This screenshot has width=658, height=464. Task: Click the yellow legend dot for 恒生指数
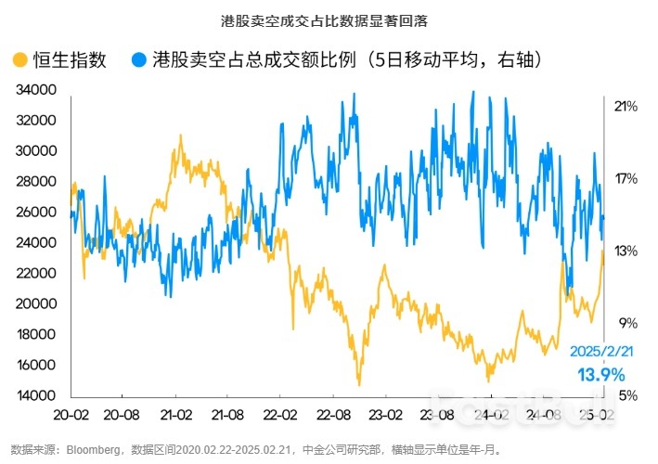pos(19,60)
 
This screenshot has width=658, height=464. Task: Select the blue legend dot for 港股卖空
pos(138,60)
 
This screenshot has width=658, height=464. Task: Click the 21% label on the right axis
pos(626,106)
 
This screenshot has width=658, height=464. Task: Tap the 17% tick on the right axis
pos(626,178)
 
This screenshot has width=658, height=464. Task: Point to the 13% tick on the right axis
pos(626,251)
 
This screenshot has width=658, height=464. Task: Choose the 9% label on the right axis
pos(626,323)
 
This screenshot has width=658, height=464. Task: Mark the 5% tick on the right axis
pos(626,395)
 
